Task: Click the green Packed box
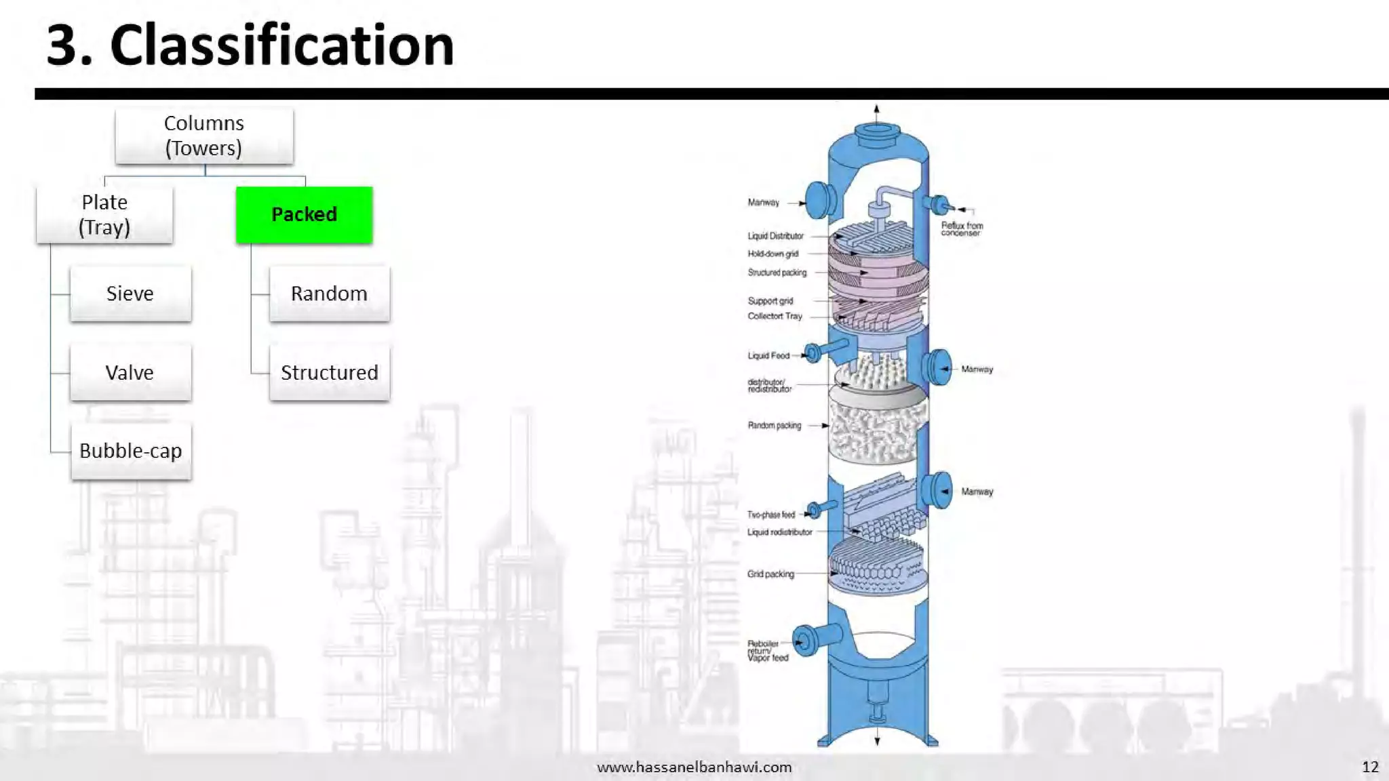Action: pos(304,214)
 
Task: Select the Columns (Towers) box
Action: pos(203,136)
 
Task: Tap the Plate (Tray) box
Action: pos(104,214)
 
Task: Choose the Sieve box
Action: pos(130,294)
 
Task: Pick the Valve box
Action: pos(130,372)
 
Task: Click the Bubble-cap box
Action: pos(131,451)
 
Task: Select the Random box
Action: pos(329,294)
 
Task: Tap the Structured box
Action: pos(329,372)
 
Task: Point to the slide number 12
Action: pos(1370,767)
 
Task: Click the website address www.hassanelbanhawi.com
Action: pos(694,767)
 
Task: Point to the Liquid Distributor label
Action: pos(775,236)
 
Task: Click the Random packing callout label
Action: pos(774,425)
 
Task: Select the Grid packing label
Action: pos(770,574)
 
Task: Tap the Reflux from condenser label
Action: pos(962,228)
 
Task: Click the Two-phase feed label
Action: pos(770,515)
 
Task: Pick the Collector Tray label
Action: pos(775,316)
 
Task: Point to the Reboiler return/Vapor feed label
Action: pos(767,650)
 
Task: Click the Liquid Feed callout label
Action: pos(768,355)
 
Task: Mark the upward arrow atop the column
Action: pos(876,110)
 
